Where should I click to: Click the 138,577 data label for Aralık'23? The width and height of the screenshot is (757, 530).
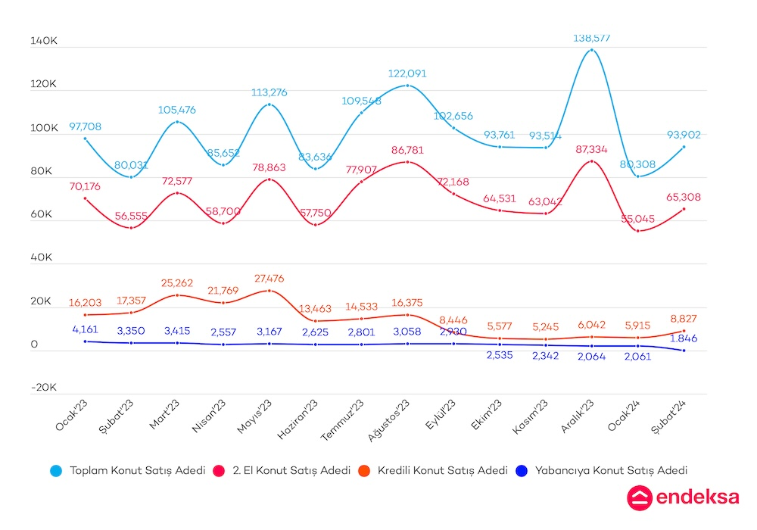pyautogui.click(x=591, y=37)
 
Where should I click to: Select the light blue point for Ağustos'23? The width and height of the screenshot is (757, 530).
pyautogui.click(x=407, y=86)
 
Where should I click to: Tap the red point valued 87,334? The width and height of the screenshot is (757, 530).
pyautogui.click(x=591, y=161)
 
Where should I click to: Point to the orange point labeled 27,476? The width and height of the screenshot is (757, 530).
pyautogui.click(x=269, y=291)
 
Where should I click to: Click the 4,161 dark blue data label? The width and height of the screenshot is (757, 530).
pyautogui.click(x=85, y=329)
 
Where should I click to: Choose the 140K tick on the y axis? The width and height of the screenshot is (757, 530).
pyautogui.click(x=44, y=42)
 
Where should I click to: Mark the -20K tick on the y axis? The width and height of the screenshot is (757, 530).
pyautogui.click(x=44, y=387)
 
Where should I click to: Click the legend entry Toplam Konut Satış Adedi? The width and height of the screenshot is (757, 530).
pyautogui.click(x=137, y=470)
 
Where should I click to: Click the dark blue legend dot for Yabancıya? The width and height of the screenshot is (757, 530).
pyautogui.click(x=521, y=470)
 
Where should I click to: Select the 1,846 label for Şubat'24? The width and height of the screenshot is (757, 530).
pyautogui.click(x=684, y=338)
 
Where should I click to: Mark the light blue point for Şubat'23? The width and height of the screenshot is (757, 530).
pyautogui.click(x=131, y=177)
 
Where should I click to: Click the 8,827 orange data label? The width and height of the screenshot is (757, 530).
pyautogui.click(x=683, y=319)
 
